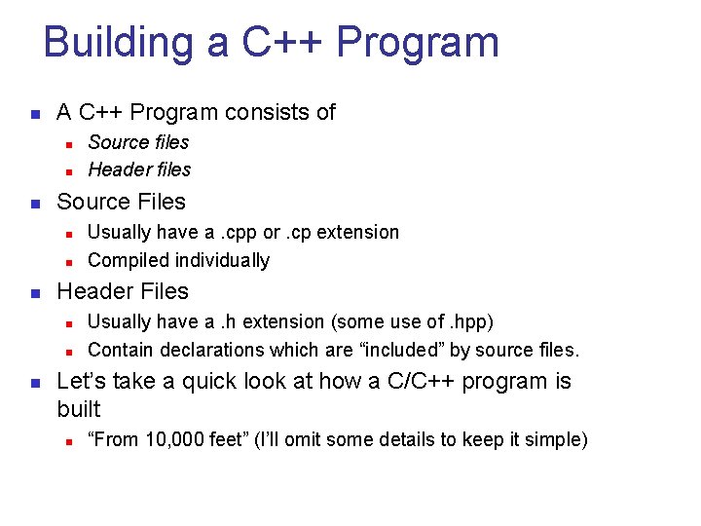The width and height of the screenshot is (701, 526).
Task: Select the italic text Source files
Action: tap(138, 142)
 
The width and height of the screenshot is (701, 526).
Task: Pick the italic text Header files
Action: tap(139, 169)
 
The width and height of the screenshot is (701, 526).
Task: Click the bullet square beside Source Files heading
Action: tap(34, 204)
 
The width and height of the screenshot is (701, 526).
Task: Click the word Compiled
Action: tap(128, 260)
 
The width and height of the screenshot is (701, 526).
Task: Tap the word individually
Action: tap(221, 260)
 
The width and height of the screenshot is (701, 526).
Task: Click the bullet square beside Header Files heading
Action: tap(34, 293)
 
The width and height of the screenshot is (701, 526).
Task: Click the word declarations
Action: tap(204, 350)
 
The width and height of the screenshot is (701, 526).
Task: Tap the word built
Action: tap(79, 409)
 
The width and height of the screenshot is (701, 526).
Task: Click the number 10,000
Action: tap(175, 440)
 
